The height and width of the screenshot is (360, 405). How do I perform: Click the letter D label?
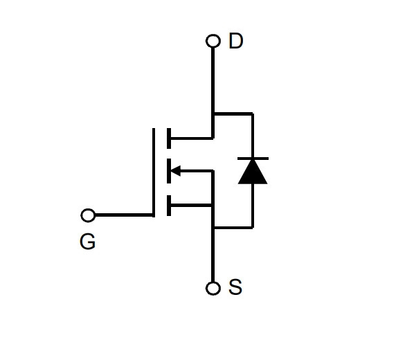(x=236, y=41)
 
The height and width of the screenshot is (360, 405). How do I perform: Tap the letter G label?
(x=87, y=242)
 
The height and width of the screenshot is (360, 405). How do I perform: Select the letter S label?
(x=235, y=287)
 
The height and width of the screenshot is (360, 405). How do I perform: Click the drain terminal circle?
(x=213, y=41)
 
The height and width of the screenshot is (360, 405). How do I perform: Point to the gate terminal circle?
(x=88, y=215)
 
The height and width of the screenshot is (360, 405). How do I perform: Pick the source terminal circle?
(x=213, y=288)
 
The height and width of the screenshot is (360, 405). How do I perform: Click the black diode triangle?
(x=253, y=172)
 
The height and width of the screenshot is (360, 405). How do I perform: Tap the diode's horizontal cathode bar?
(x=253, y=159)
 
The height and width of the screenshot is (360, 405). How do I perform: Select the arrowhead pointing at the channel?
(x=175, y=171)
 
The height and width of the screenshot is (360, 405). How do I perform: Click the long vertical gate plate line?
(x=154, y=172)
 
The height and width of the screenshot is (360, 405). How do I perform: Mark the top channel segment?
(x=169, y=138)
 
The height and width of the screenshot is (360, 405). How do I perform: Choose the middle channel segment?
(x=169, y=171)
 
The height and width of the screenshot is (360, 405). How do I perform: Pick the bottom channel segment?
(x=169, y=206)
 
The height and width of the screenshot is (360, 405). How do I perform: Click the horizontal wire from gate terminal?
(x=125, y=215)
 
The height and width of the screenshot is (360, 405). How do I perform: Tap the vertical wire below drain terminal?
(x=213, y=93)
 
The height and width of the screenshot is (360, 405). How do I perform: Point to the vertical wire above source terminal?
(x=213, y=255)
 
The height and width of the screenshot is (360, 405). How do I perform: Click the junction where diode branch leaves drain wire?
(x=213, y=114)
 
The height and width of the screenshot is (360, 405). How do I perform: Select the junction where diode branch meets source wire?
(x=213, y=228)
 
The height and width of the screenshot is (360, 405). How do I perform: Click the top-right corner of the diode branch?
(x=253, y=114)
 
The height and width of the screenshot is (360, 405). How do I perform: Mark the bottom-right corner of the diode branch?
(x=253, y=228)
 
